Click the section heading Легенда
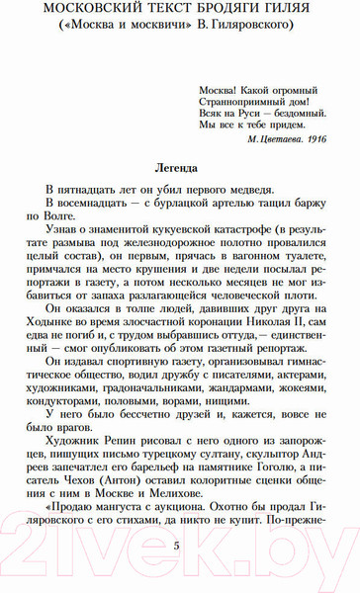179,168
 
